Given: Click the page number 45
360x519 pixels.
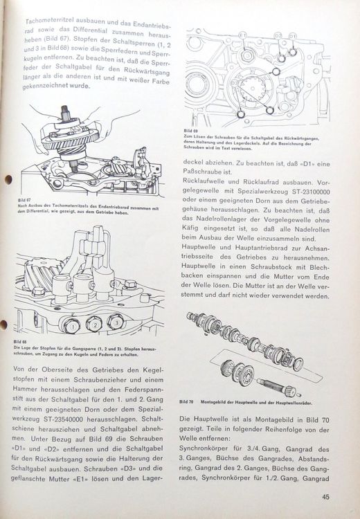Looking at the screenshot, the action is tap(325, 497).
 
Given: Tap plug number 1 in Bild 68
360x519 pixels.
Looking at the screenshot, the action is tap(72, 327).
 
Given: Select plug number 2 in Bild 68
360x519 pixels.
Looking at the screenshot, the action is tap(95, 325).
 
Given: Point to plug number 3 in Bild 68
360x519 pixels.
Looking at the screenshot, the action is tap(116, 322).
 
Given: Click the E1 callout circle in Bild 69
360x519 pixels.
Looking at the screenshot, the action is tap(242, 35).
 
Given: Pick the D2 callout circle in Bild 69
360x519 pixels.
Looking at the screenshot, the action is tap(277, 36).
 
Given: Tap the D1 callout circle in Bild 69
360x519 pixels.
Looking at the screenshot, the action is tap(292, 36).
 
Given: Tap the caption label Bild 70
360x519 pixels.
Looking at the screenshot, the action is tap(186, 402).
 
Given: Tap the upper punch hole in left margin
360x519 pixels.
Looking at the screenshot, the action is tap(8, 180).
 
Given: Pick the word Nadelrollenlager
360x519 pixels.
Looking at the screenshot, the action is tap(224, 220).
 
